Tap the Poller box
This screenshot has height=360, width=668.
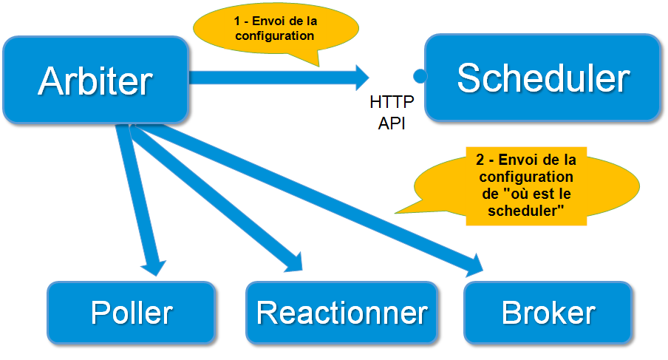131,312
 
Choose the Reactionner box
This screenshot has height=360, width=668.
342,312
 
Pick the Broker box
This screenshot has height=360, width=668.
548,312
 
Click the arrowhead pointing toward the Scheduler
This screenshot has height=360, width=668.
360,77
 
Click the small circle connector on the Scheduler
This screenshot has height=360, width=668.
420,76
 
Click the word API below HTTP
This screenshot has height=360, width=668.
392,123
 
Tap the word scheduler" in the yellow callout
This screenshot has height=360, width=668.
526,210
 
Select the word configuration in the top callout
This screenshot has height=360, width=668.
276,35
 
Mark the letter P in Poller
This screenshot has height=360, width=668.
100,313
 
